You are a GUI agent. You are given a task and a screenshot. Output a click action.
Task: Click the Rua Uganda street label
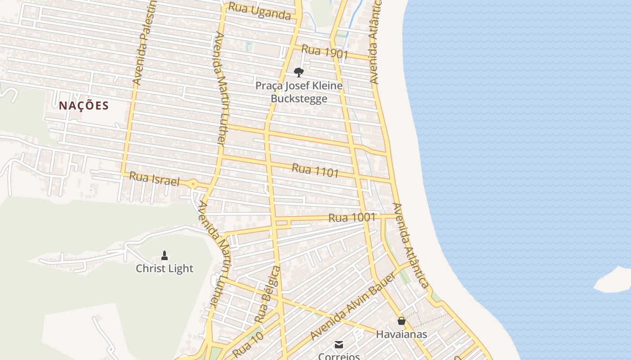259,11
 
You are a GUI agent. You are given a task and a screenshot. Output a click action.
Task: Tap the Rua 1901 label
325,52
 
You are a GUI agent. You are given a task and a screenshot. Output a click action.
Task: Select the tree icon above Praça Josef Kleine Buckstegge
298,72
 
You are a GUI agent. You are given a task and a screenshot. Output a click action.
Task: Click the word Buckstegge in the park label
298,99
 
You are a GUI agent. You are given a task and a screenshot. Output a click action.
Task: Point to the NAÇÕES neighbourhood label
84,106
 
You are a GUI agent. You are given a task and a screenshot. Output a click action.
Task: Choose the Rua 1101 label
315,171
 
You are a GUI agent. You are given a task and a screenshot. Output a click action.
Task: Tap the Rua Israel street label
154,179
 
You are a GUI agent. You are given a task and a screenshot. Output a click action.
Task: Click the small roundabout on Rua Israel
193,184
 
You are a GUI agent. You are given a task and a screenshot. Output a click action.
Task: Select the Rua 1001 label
352,218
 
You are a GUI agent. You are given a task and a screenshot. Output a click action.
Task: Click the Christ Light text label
165,269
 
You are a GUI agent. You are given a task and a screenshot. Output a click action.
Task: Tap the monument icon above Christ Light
165,256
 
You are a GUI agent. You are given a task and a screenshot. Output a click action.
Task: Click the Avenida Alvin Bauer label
352,306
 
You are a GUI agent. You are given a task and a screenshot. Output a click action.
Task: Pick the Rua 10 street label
247,345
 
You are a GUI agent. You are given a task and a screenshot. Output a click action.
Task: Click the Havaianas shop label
401,334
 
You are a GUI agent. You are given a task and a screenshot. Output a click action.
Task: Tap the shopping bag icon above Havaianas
401,321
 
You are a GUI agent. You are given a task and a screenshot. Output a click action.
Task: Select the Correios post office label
339,356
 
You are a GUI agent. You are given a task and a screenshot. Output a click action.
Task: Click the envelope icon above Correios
339,345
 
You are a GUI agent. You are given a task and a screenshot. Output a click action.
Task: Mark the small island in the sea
614,280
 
